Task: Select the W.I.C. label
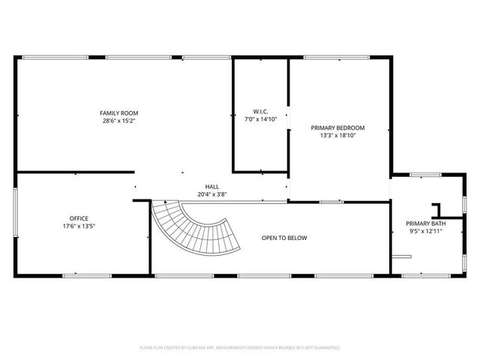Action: click(260, 112)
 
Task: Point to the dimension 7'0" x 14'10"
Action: click(260, 119)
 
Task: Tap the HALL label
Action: click(212, 187)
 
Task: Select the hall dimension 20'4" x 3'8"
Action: click(212, 194)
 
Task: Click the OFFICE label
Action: click(79, 218)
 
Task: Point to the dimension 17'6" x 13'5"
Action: click(79, 226)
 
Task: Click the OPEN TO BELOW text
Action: click(284, 238)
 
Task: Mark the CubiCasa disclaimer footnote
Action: click(240, 348)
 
